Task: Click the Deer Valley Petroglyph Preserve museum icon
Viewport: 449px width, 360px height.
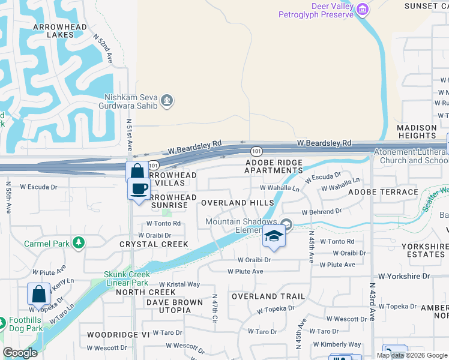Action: point(362,9)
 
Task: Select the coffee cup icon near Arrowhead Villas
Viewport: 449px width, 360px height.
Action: point(139,189)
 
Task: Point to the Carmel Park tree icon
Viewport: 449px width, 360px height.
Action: point(77,243)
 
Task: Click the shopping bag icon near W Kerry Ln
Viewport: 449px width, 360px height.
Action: point(38,294)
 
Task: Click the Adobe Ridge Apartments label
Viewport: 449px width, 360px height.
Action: point(273,166)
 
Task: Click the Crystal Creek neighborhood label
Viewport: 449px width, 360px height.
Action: point(154,244)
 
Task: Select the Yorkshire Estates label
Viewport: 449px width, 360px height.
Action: point(424,250)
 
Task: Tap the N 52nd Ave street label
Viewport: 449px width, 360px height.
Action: point(103,48)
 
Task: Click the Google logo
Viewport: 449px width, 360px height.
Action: point(20,353)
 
